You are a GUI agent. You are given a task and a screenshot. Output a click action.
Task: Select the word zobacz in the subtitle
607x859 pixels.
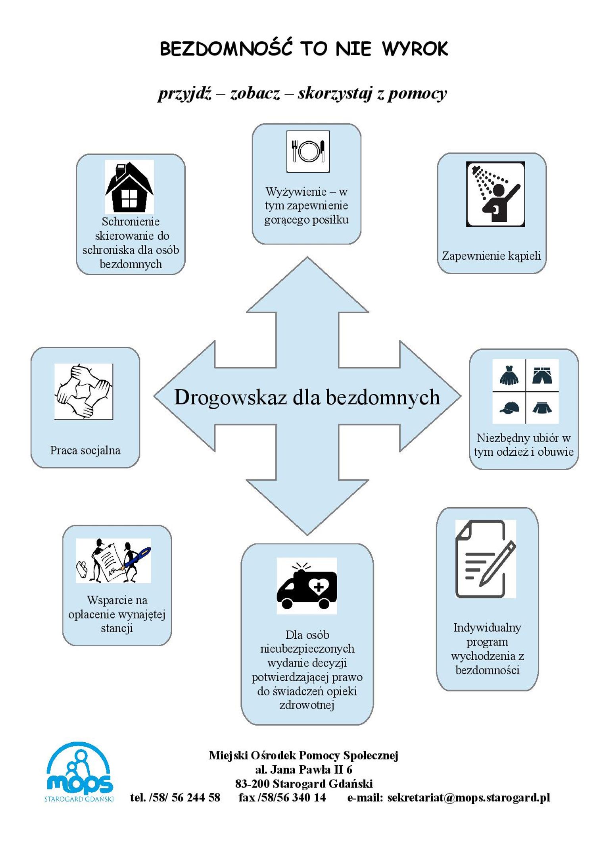tap(255, 93)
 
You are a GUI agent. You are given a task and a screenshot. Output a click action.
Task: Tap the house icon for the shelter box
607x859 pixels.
tap(129, 187)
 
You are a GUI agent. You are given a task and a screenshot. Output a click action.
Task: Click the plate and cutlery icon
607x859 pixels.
tap(308, 151)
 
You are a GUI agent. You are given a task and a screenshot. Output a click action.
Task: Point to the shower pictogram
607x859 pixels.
tap(495, 194)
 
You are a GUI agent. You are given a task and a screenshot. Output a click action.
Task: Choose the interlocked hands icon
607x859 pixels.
tap(84, 391)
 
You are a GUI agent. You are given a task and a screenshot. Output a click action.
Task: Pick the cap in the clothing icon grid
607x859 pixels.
tap(509, 408)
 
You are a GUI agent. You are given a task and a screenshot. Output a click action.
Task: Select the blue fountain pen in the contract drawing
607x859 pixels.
tap(137, 559)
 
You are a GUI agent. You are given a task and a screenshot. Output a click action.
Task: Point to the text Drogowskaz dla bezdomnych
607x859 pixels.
tap(307, 397)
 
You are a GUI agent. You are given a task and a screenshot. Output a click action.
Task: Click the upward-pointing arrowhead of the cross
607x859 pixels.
tap(307, 285)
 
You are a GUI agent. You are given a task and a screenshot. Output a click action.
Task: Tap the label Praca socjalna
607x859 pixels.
tap(85, 450)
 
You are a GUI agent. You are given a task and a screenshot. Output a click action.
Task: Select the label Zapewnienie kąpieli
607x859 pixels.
tap(492, 256)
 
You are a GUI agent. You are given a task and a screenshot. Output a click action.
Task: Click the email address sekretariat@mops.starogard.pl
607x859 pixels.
tap(469, 797)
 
